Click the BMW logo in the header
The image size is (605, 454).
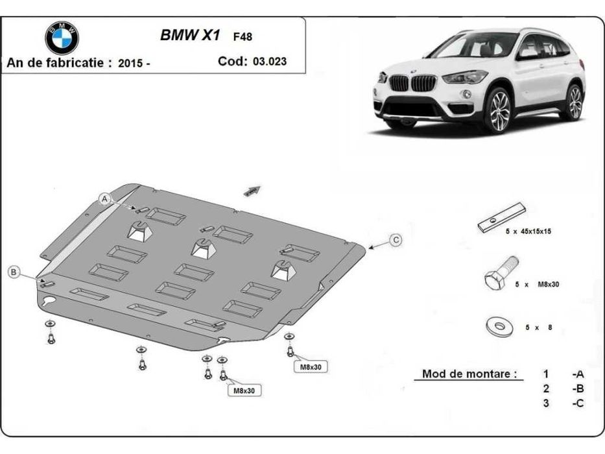point(62,37)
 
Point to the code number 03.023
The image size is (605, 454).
point(272,63)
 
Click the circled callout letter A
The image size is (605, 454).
point(104,200)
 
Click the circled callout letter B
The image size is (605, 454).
point(14,272)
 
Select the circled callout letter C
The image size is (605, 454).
point(396,240)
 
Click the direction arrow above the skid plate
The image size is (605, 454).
point(252,190)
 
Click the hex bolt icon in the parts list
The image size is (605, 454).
point(500,275)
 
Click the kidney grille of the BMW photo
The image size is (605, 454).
point(411,82)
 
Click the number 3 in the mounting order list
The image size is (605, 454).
point(546,403)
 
